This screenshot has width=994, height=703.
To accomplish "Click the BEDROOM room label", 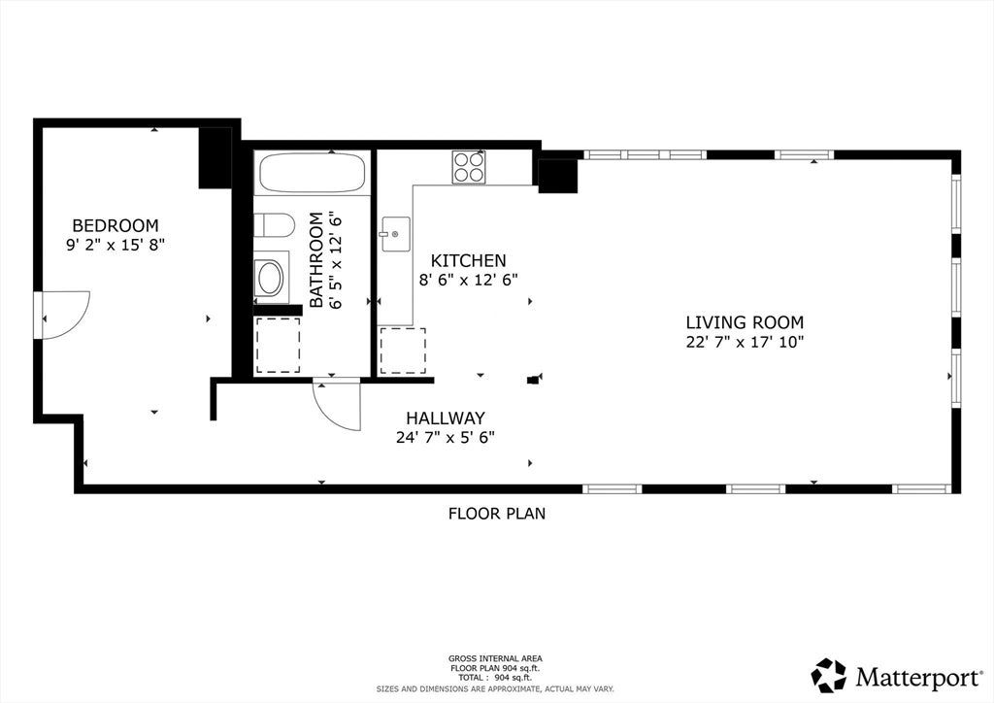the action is click(116, 225).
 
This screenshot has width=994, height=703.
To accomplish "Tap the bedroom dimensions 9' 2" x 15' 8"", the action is click(116, 245).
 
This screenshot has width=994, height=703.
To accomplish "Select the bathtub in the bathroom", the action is click(312, 173).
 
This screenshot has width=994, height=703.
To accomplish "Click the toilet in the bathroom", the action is click(275, 225).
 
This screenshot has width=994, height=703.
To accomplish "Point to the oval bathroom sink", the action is click(271, 279).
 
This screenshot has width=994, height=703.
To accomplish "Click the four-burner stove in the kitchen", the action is click(469, 167).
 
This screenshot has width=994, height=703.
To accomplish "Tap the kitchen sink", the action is click(396, 234).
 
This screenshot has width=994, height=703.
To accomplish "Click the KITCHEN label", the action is click(469, 260).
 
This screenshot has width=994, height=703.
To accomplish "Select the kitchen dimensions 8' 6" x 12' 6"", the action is click(469, 280).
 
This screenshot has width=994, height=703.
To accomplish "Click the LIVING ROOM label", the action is click(745, 322).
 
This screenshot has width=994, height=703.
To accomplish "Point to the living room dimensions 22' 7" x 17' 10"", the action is click(745, 342).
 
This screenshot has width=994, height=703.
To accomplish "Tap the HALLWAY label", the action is click(446, 418).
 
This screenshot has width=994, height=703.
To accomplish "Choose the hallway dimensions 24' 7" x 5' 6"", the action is click(446, 437).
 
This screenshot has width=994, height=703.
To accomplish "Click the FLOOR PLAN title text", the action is click(497, 514).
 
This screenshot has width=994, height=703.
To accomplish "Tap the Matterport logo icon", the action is click(829, 675).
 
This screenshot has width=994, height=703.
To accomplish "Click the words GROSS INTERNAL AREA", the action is click(495, 658).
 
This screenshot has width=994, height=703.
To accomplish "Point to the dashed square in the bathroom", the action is click(278, 345).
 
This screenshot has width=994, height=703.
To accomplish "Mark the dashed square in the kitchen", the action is click(403, 351).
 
